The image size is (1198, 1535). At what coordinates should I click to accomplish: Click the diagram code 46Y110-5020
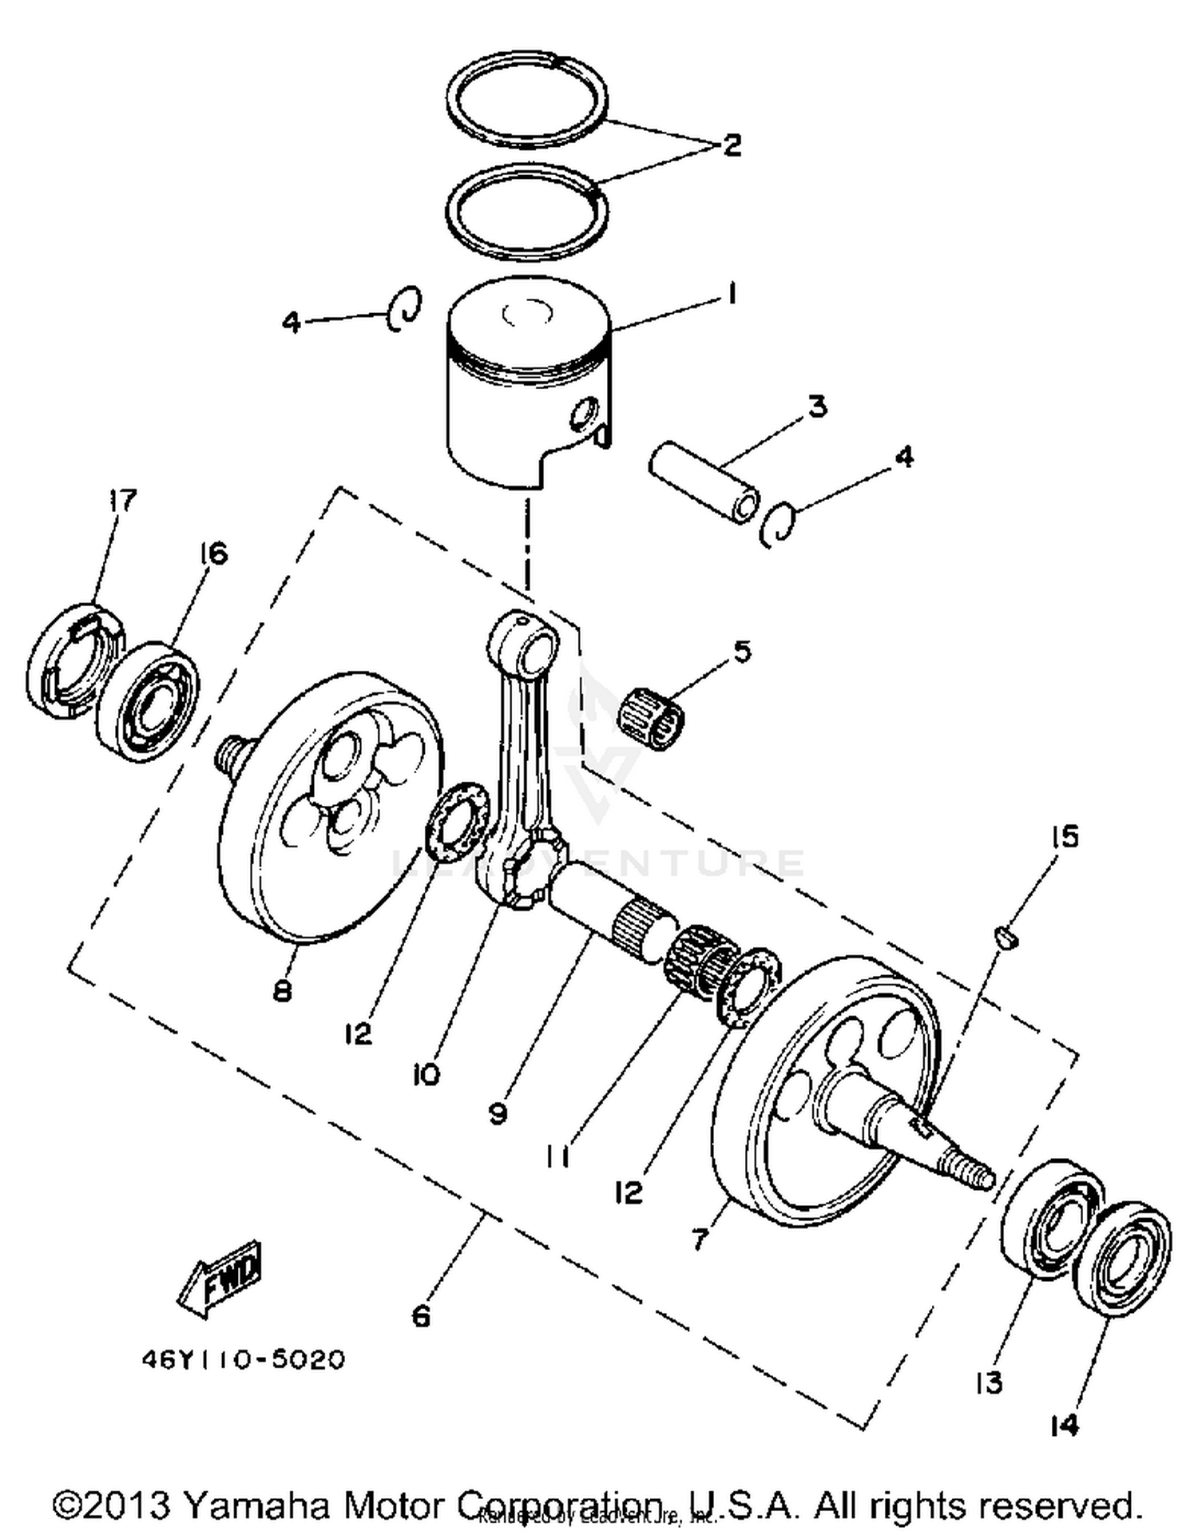244,1358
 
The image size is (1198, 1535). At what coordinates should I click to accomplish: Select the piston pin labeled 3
703,486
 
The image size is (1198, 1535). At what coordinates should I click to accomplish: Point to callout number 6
421,1316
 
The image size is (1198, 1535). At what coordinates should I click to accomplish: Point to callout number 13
989,1382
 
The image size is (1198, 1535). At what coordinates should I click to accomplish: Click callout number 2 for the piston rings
732,145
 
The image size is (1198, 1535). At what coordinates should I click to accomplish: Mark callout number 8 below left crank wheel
282,991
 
